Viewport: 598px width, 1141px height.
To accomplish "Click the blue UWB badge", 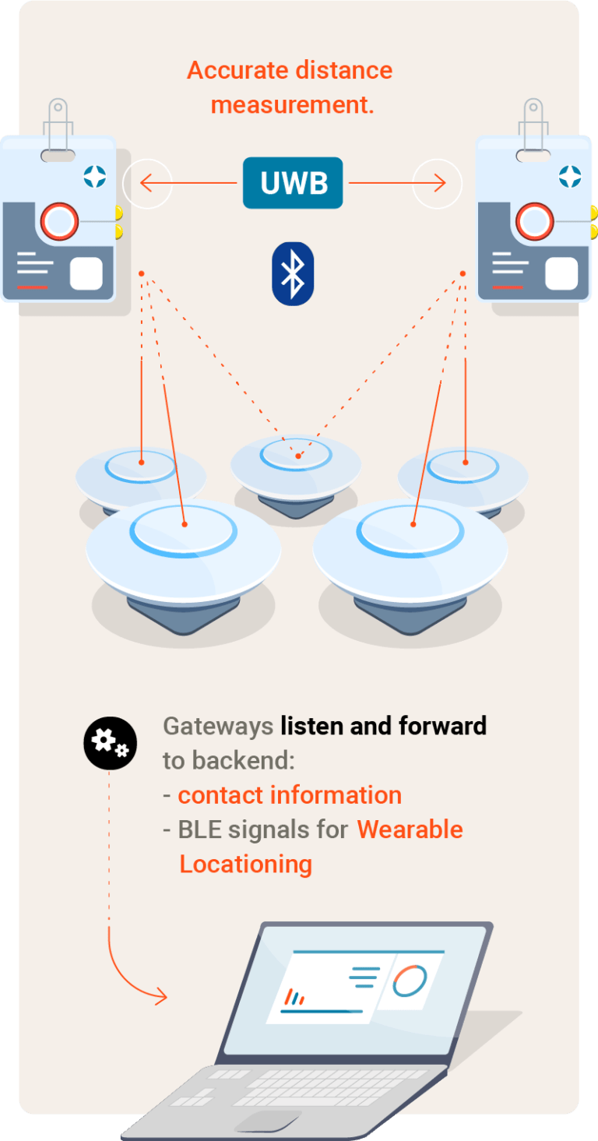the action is [x=293, y=183].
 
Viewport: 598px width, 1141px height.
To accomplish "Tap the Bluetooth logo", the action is [x=293, y=273].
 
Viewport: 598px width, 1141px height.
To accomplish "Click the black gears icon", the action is [x=110, y=743].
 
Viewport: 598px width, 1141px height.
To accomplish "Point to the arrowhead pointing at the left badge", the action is [x=146, y=183].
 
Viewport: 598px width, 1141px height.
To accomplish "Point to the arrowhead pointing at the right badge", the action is [x=440, y=183].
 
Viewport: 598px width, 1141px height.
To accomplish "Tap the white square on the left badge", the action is [x=86, y=273].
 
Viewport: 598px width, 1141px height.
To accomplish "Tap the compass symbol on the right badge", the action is [x=570, y=177].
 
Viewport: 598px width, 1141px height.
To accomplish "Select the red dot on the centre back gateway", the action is [x=298, y=456].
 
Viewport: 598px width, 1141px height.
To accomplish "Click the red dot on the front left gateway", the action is [x=185, y=524].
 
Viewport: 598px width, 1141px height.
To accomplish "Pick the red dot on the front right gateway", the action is [x=413, y=524].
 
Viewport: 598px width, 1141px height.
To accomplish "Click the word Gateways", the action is [x=218, y=727].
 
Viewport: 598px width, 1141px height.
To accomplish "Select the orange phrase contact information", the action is [x=290, y=795].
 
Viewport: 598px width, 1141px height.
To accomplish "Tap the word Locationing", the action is [x=246, y=865].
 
